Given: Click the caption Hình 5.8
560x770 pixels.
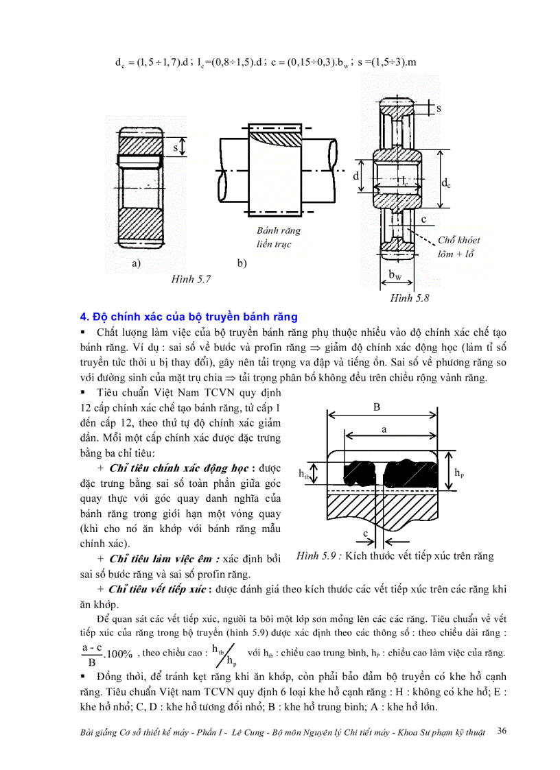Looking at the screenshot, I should click(x=410, y=298).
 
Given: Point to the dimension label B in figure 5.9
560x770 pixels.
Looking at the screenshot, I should click(x=376, y=407).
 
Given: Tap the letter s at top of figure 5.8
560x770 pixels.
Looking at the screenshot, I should click(x=439, y=108).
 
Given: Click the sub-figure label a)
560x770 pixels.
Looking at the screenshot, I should click(x=135, y=263).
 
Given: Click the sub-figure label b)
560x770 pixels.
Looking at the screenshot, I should click(x=242, y=263).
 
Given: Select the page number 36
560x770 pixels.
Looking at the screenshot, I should click(x=502, y=732).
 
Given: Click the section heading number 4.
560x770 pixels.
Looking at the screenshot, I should click(x=84, y=317).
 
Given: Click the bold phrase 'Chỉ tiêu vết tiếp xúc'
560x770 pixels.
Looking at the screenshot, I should click(x=157, y=589).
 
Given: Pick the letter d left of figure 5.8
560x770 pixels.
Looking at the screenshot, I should click(x=356, y=176).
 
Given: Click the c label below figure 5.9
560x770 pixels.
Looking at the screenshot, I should click(x=366, y=533).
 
